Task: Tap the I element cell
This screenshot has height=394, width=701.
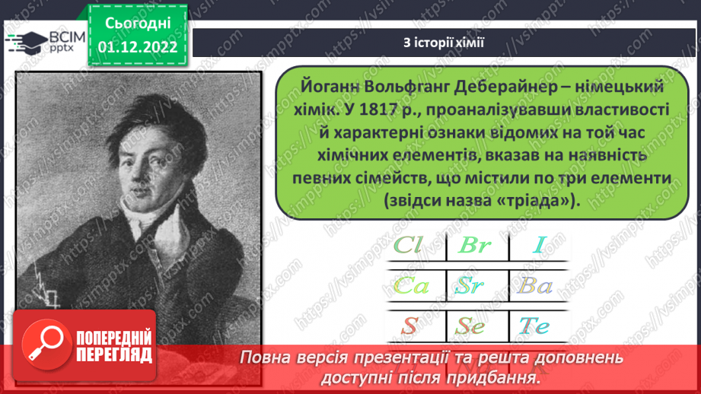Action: (x=540, y=246)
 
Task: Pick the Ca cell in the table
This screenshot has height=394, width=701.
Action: (x=412, y=286)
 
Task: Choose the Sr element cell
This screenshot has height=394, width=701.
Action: (x=475, y=286)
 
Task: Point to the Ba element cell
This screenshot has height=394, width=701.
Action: (x=537, y=286)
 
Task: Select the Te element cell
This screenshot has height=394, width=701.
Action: (x=534, y=326)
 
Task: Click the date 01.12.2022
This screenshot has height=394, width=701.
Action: (x=138, y=47)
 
